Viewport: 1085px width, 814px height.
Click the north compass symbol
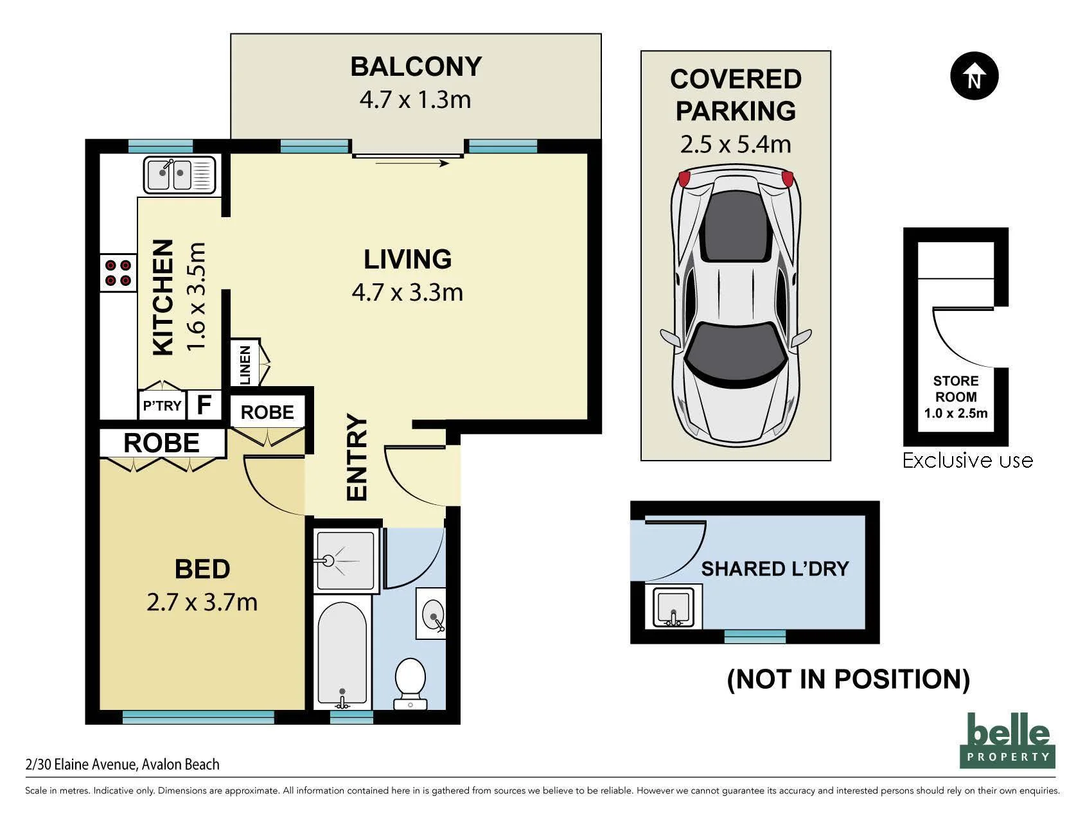tap(974, 76)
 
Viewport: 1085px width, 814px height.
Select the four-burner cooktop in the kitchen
tap(118, 272)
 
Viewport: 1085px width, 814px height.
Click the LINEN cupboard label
tap(245, 365)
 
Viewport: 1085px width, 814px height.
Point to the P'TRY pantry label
tap(162, 406)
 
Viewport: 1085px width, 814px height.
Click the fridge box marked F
tap(204, 405)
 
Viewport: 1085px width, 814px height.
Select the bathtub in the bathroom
tap(342, 652)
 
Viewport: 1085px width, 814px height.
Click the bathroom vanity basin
tap(431, 613)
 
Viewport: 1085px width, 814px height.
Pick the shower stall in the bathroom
tap(344, 560)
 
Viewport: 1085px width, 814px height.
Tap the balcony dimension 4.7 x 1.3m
tap(416, 100)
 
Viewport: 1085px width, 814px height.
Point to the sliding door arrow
tap(412, 163)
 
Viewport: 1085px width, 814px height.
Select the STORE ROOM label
tap(956, 389)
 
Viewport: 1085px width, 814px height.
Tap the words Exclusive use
tap(967, 460)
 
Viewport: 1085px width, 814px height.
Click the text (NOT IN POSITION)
tap(848, 679)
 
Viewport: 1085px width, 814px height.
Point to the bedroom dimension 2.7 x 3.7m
tap(202, 602)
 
